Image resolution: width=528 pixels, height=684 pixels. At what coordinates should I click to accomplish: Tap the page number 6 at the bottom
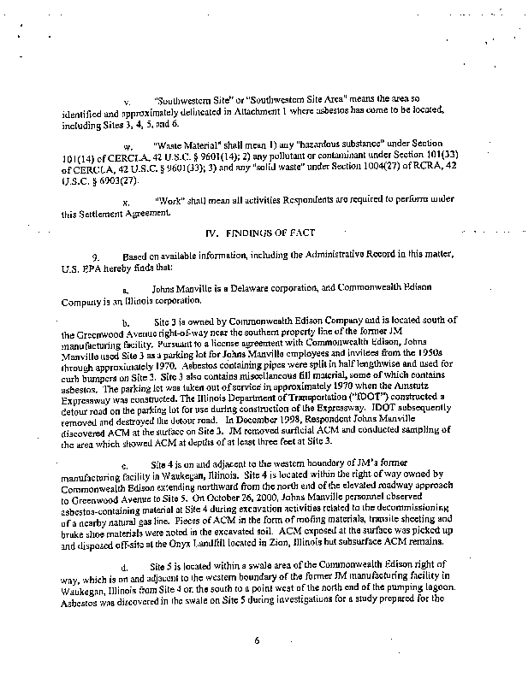256,640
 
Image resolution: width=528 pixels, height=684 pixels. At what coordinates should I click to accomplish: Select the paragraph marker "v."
127,101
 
